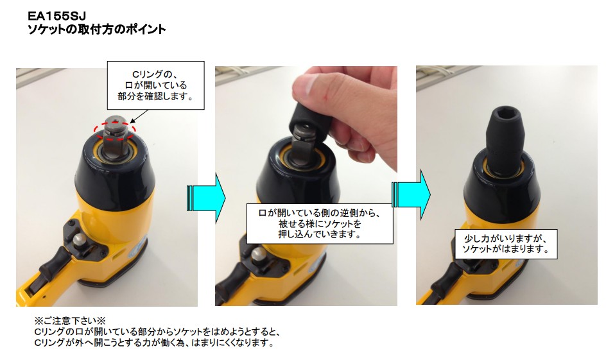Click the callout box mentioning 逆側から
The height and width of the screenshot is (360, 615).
pyautogui.click(x=319, y=223)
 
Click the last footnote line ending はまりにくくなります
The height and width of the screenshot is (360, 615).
pyautogui.click(x=154, y=343)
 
